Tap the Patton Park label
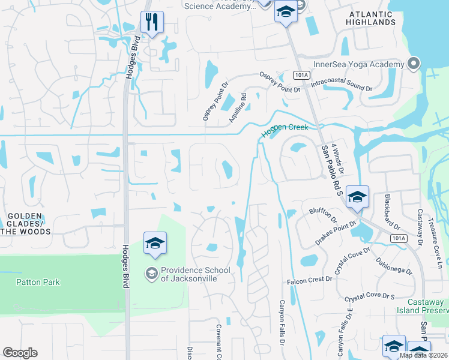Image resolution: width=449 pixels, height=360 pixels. coord(38,282)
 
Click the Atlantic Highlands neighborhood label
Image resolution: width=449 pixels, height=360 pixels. coord(370,17)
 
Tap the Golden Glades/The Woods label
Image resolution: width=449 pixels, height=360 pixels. coord(23,220)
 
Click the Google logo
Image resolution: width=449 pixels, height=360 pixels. coord(20,353)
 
